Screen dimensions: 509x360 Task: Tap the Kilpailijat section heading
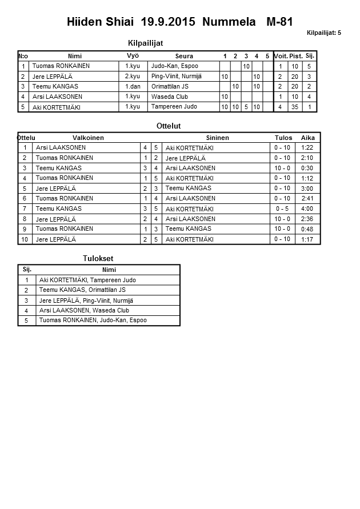148,43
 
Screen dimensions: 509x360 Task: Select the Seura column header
184,56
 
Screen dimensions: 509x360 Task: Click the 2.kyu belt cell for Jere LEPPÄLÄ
132,76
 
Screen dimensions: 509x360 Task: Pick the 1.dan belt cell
133,86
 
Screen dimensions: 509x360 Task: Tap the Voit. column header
281,56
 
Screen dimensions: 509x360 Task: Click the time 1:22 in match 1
307,148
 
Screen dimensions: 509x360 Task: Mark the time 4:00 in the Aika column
307,209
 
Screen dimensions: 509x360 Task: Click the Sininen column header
217,138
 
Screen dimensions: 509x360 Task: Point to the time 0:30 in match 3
307,168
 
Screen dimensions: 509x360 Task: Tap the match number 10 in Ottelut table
25,239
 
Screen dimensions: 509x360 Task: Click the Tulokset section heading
98,259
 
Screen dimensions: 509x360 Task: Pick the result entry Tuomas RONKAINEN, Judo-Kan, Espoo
93,320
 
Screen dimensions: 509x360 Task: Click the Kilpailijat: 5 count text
323,33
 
